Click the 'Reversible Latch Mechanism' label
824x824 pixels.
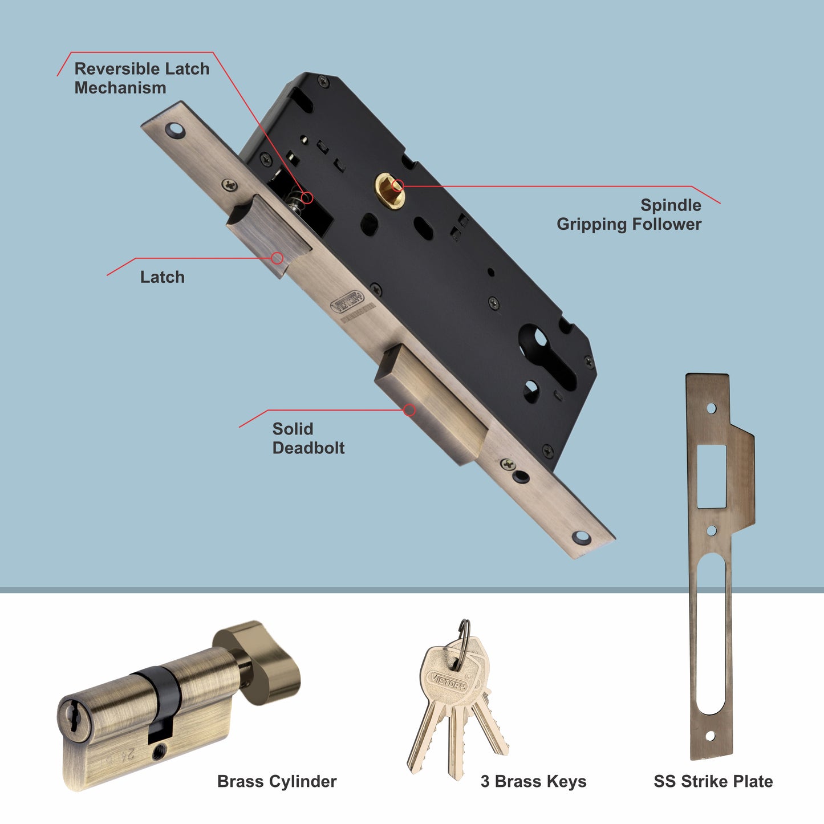pos(141,78)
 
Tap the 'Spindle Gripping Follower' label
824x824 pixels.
pos(629,214)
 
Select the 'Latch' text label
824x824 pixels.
pos(163,277)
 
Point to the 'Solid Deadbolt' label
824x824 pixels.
pos(308,438)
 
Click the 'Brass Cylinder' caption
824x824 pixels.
pos(277,781)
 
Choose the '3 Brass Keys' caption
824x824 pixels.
pos(533,781)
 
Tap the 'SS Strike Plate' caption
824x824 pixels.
pos(713,781)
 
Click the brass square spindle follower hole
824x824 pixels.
pos(389,190)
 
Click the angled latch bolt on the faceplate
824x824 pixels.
pos(268,234)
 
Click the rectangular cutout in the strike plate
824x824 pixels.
pos(712,476)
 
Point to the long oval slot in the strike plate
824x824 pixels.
pos(711,633)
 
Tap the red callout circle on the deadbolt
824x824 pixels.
pos(409,410)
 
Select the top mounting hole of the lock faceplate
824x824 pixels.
pos(175,130)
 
